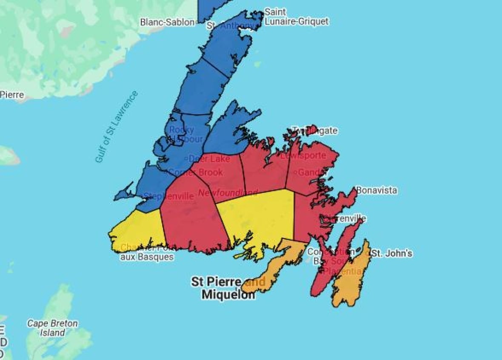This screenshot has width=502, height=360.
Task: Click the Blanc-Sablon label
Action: point(167,22)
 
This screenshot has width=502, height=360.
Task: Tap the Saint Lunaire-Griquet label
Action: point(296,17)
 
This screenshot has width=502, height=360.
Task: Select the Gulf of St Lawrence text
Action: point(117,127)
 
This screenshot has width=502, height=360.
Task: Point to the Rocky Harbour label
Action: point(182,134)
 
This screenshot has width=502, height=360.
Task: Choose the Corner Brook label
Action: point(196,172)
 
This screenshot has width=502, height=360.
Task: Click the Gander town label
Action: point(312,172)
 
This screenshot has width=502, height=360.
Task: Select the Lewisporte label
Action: point(303,156)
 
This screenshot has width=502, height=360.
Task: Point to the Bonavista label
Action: point(376,190)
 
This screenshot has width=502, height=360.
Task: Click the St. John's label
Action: point(391,254)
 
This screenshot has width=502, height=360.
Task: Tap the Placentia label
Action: point(342,271)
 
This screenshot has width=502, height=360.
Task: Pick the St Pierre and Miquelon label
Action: point(228,288)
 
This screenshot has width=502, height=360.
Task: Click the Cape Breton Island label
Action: point(52,328)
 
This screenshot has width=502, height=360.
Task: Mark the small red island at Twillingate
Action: point(311,128)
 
